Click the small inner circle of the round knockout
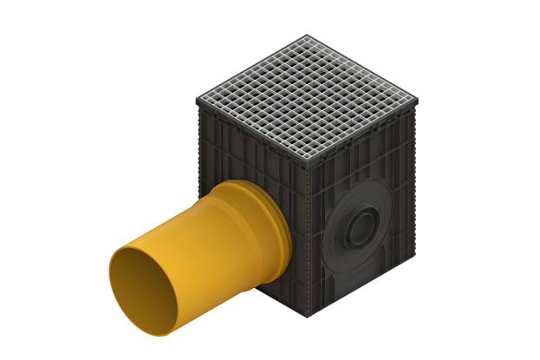(358, 228)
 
